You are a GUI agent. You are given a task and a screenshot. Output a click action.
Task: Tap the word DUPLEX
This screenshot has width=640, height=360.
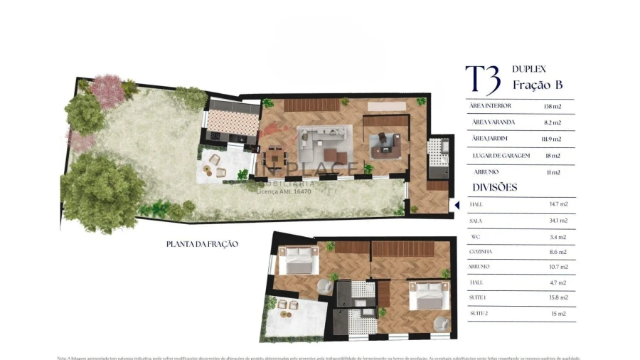[529, 69]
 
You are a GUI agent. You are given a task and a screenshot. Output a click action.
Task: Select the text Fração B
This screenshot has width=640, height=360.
[538, 85]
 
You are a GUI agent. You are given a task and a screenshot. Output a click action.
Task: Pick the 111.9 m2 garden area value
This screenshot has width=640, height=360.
[551, 139]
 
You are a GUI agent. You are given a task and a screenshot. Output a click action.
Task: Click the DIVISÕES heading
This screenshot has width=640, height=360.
[495, 188]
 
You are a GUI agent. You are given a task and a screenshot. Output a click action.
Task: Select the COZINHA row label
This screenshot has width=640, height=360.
[481, 252]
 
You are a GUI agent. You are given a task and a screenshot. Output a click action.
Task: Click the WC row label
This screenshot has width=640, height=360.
[475, 237]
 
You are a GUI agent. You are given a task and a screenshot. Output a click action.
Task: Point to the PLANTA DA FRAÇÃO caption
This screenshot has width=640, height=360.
[202, 244]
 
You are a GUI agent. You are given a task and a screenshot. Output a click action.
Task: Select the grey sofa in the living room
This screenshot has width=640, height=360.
[324, 138]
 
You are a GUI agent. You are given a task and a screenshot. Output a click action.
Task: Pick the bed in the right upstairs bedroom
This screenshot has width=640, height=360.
[429, 295]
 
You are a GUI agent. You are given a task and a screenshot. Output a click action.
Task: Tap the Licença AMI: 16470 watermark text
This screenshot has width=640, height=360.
[284, 191]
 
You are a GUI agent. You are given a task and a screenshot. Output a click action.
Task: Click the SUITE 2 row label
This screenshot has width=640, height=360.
[479, 314]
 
